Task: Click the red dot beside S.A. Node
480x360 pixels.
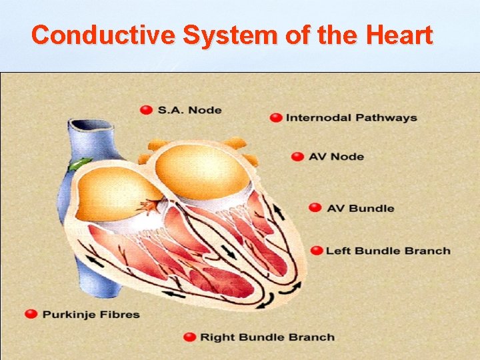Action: pos(146,110)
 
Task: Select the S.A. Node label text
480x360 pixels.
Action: pos(189,110)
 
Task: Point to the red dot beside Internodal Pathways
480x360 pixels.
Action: pos(275,118)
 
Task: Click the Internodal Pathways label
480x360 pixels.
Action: pos(351,118)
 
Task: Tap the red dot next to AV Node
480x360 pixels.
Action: pos(297,157)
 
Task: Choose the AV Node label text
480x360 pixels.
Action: pos(337,157)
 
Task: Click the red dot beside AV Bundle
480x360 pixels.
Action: pos(315,208)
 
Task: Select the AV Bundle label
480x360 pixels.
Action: pos(361,208)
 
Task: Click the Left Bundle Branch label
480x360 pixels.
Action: pos(388,251)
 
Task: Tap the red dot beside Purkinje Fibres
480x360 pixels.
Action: pos(31,314)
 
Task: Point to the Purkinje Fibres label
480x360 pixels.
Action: pos(91,314)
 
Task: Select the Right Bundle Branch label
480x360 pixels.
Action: pos(267,337)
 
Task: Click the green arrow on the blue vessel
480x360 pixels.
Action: pos(81,163)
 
